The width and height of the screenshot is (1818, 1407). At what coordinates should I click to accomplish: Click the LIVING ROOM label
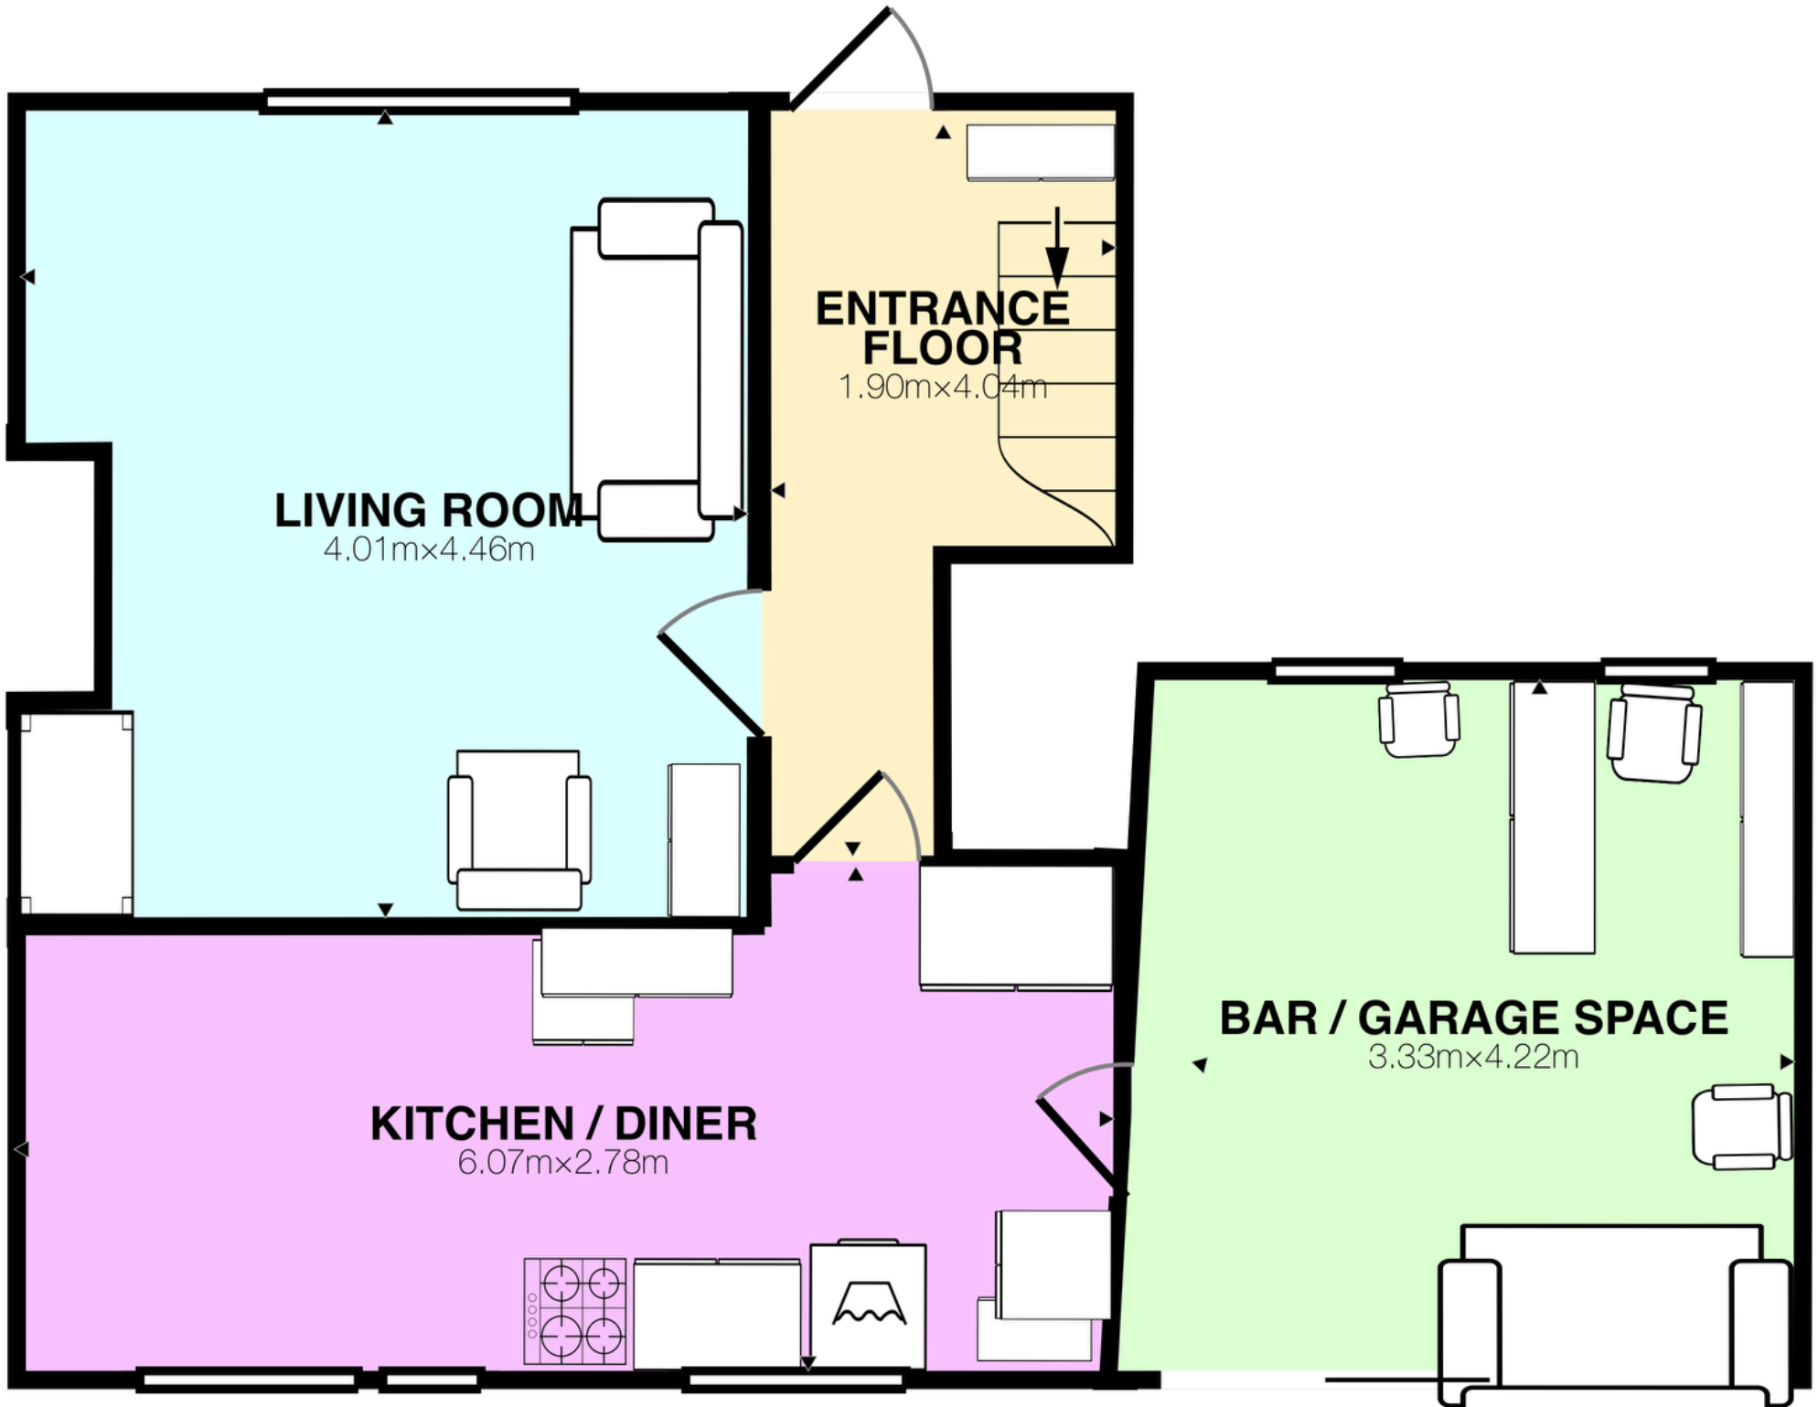tap(428, 510)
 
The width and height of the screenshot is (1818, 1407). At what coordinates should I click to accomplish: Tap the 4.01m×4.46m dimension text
tap(428, 549)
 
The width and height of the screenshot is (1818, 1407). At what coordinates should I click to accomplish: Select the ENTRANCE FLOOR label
tap(942, 328)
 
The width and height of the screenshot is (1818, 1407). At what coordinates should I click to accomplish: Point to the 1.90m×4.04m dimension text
tap(942, 387)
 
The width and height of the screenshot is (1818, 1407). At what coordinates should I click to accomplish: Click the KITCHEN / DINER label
tap(563, 1124)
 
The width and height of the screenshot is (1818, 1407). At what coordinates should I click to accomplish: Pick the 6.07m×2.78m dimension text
tap(563, 1163)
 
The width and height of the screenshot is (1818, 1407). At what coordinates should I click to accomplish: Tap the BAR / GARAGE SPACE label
tap(1473, 1018)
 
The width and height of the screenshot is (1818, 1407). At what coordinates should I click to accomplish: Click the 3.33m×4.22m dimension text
tap(1473, 1057)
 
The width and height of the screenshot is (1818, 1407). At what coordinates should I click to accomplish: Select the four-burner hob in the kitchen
tap(575, 1310)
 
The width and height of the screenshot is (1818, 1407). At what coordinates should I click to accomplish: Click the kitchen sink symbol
tap(869, 1303)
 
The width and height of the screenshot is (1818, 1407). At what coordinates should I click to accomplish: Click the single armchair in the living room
tap(519, 829)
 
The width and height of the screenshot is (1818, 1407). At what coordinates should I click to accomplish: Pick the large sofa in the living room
tap(656, 370)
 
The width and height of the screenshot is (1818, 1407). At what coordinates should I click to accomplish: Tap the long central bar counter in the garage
tap(1552, 816)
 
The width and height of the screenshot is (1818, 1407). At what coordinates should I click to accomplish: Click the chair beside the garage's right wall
tap(1741, 1125)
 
